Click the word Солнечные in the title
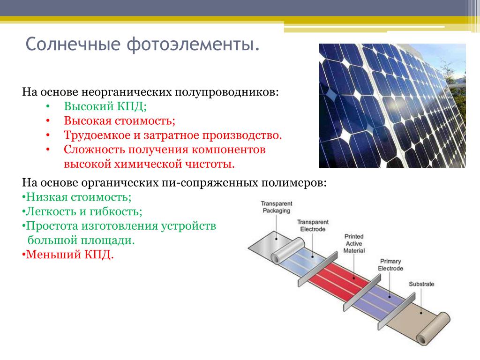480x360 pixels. tap(73, 44)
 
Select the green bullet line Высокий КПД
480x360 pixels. tap(105, 106)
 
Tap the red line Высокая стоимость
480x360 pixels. tap(120, 120)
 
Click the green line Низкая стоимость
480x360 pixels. tap(76, 197)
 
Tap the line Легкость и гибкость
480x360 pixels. tap(82, 211)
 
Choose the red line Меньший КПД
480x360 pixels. tap(67, 255)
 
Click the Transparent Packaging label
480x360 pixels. tap(277, 207)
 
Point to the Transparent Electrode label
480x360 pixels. tap(313, 225)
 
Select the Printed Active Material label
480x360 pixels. tap(354, 243)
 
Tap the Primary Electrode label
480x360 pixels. tap(390, 264)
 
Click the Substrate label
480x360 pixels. tap(421, 284)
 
